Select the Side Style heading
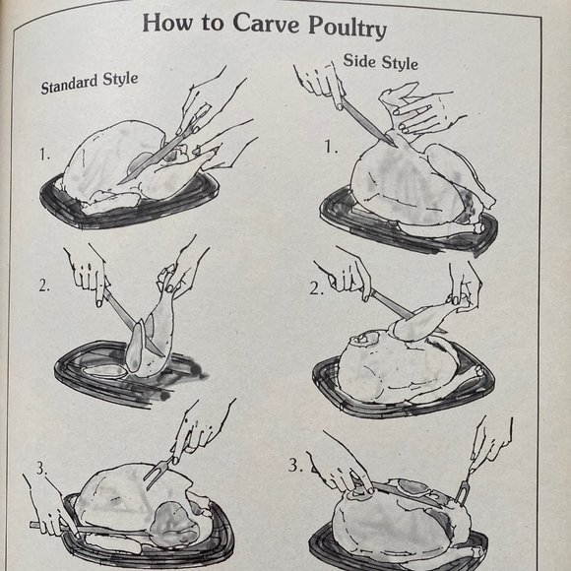coord(380,62)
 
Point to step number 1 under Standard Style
coord(44,155)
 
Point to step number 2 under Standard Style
coord(44,286)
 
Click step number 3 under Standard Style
coord(41,469)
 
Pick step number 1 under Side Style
coord(331,148)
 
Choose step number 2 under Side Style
coord(315,288)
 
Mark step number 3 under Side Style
coord(295,465)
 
